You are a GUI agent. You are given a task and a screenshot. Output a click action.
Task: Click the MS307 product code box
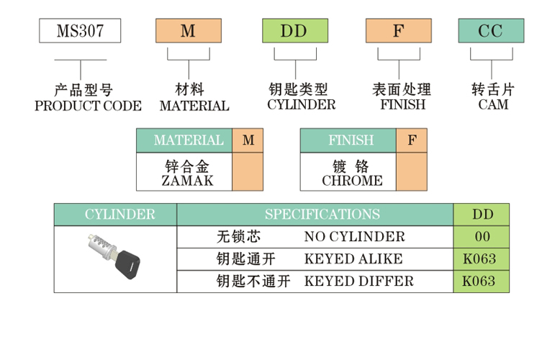(x=79, y=30)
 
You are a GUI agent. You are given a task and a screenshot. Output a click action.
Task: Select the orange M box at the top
(x=189, y=30)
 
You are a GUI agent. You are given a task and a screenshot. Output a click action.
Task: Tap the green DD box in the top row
(x=294, y=30)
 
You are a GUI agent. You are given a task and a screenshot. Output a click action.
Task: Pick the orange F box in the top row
(x=398, y=30)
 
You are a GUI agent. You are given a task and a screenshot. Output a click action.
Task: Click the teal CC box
(x=491, y=30)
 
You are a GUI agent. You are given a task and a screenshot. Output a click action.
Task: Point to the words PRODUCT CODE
(x=89, y=106)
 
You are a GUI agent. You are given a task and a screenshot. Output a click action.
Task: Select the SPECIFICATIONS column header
(x=322, y=215)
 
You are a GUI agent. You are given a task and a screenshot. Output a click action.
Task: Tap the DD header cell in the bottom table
(x=482, y=215)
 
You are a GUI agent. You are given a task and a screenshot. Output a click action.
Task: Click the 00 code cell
(x=482, y=237)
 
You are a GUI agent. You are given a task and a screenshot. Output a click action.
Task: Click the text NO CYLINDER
(x=354, y=237)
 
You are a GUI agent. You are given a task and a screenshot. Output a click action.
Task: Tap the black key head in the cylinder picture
(x=128, y=265)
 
